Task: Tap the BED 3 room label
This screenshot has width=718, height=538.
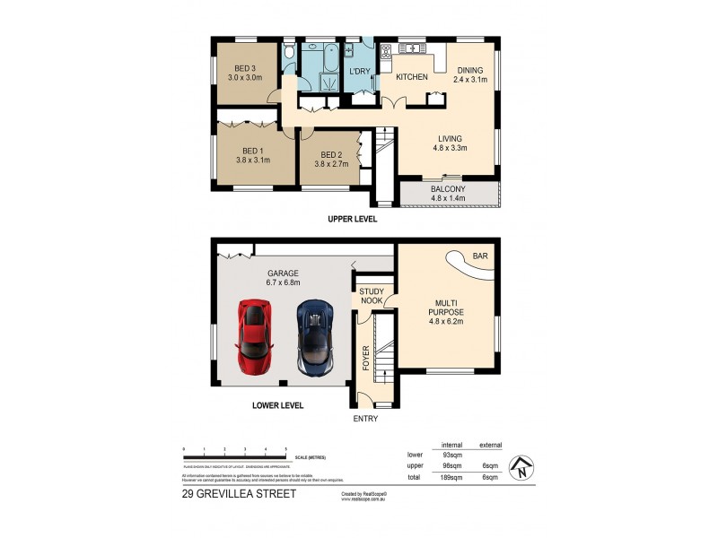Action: [245, 68]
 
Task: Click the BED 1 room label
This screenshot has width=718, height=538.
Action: [252, 151]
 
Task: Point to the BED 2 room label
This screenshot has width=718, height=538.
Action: [331, 153]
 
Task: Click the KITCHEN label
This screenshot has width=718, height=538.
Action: [412, 77]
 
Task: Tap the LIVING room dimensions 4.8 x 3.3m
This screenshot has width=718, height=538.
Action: [451, 149]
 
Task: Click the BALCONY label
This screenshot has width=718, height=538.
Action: [447, 189]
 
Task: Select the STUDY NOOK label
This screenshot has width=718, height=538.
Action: [372, 297]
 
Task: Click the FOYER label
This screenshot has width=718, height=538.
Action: [366, 358]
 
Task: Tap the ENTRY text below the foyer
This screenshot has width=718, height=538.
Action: [365, 419]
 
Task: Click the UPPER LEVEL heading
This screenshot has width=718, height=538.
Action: [353, 219]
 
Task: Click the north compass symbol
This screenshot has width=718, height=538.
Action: [517, 468]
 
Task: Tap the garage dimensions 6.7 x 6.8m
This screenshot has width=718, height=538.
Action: [283, 282]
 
